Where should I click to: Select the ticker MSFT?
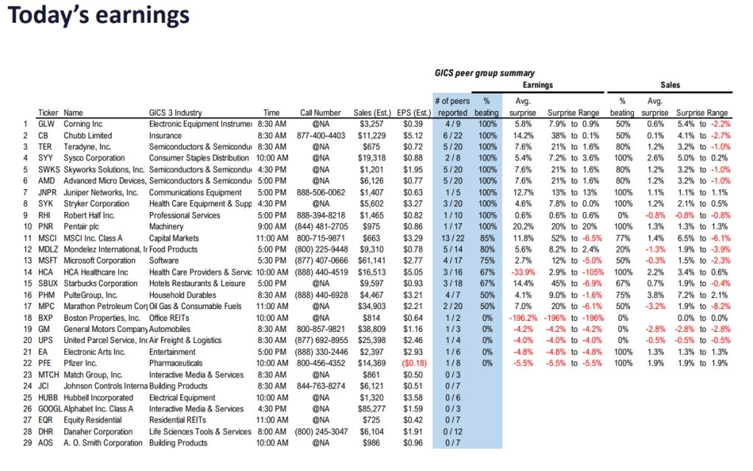[49, 261]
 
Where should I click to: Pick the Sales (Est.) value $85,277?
[371, 409]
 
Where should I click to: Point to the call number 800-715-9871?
[321, 238]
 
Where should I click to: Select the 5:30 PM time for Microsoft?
[271, 261]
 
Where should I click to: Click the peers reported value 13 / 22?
[452, 238]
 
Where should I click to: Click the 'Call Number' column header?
[321, 113]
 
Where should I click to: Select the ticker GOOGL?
[51, 409]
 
